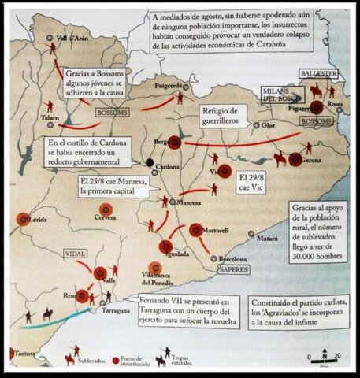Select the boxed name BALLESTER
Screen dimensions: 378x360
(317, 72)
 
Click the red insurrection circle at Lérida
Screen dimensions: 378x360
(24, 218)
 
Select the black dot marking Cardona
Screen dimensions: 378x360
(149, 163)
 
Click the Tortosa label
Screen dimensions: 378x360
(27, 350)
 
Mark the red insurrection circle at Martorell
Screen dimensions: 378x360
(195, 230)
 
